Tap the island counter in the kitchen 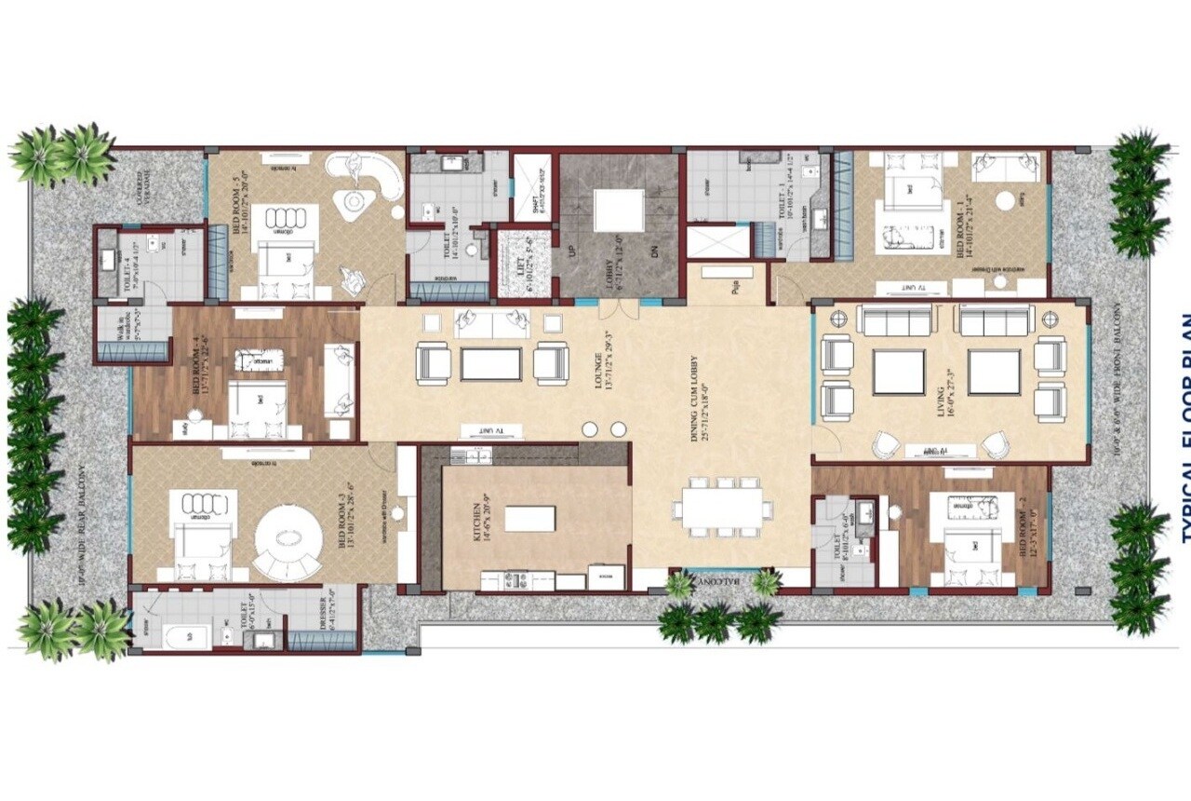529,518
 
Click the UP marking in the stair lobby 570,252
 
